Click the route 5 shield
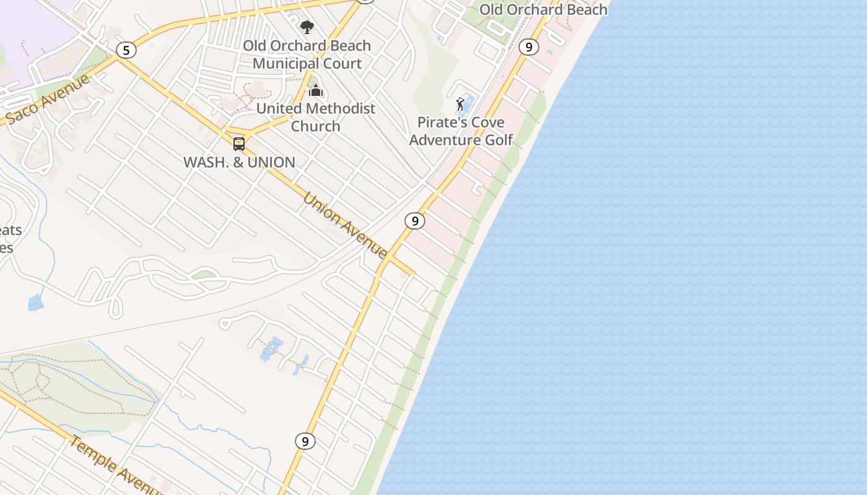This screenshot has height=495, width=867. pyautogui.click(x=126, y=50)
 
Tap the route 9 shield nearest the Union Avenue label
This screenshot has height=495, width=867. pyautogui.click(x=414, y=220)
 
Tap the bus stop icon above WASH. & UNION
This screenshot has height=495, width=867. pyautogui.click(x=239, y=144)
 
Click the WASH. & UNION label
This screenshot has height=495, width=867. pyautogui.click(x=239, y=162)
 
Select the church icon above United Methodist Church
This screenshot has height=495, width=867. pyautogui.click(x=316, y=91)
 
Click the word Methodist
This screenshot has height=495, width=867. pyautogui.click(x=340, y=108)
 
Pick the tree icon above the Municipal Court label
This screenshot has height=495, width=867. pyautogui.click(x=307, y=27)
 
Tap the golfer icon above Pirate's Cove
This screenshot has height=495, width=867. pyautogui.click(x=460, y=104)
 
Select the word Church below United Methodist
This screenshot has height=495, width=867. pyautogui.click(x=316, y=126)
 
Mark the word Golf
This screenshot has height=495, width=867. pyautogui.click(x=499, y=140)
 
